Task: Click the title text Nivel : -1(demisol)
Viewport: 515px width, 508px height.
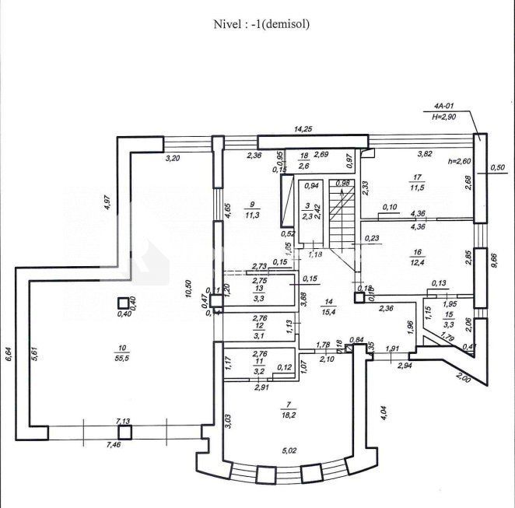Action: click(262, 24)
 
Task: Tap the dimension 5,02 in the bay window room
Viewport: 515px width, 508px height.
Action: click(289, 450)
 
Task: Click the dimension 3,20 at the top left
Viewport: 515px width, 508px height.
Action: click(172, 158)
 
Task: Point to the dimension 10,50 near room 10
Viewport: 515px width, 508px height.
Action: click(187, 288)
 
